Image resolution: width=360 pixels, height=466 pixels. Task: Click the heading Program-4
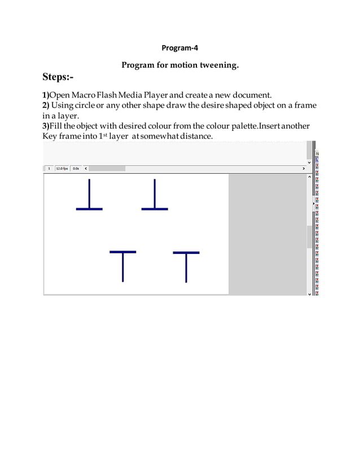[x=180, y=47]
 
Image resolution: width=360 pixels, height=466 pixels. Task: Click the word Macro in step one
[x=86, y=94]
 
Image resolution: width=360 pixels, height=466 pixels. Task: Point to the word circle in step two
[x=86, y=105]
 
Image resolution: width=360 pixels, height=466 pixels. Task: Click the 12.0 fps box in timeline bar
[x=62, y=168]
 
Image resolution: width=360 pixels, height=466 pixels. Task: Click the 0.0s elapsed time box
[x=76, y=168]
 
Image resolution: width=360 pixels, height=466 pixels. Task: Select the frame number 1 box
[x=49, y=168]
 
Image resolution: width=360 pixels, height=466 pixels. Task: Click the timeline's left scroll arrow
[x=86, y=168]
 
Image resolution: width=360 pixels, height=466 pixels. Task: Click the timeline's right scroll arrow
[x=304, y=168]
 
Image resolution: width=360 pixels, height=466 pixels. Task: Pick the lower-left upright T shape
[x=122, y=266]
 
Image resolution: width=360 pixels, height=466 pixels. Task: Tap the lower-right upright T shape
[x=186, y=266]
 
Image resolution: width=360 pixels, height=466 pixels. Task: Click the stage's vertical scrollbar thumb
[x=309, y=237]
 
